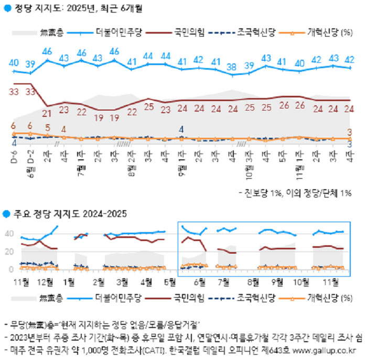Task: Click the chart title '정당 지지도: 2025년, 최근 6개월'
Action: [x=75, y=9]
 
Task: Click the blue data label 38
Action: [x=231, y=67]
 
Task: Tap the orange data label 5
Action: [x=48, y=127]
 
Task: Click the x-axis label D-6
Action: [x=15, y=157]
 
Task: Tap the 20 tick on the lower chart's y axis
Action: [x=8, y=252]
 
